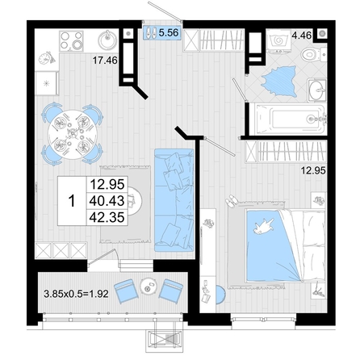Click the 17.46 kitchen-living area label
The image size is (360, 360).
105,60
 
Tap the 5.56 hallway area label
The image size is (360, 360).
169,33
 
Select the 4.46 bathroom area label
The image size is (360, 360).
302,36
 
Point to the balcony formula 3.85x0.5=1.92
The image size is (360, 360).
76,294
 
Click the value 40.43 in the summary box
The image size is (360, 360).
107,201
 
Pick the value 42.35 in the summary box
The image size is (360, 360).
107,217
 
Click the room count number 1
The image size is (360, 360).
72,201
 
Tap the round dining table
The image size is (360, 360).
73,134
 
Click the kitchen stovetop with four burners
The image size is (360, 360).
71,40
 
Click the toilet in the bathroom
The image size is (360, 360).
313,54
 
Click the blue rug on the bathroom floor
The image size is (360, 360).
279,82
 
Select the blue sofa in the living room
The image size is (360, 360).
174,200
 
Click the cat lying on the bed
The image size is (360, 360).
264,225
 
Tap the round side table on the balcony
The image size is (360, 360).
148,287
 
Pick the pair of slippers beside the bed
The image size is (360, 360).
231,201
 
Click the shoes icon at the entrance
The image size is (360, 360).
151,33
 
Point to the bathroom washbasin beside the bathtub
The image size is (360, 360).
317,90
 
